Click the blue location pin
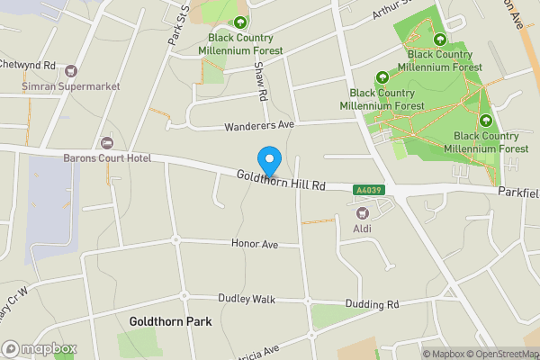pos(268,161)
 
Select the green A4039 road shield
pos(368,190)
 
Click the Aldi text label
pos(363,229)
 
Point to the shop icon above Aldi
pos(364,213)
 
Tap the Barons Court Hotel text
pos(106,158)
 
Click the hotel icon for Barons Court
pos(107,143)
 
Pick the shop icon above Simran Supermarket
pos(71,70)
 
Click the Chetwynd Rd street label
pos(29,65)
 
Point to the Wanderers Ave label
pos(259,125)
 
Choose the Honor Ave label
pos(255,244)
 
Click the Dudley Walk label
pos(245,299)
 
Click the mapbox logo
pos(40,348)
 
